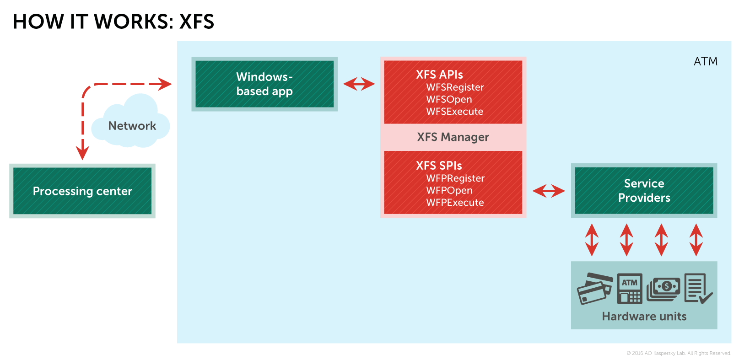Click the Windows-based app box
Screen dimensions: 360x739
point(264,84)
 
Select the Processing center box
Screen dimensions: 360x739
point(82,191)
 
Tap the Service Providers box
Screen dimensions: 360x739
point(644,190)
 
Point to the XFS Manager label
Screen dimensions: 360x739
point(453,137)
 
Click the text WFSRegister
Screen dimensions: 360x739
point(455,87)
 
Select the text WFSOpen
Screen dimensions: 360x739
point(449,99)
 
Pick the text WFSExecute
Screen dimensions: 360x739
point(454,112)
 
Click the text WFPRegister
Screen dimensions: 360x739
point(455,178)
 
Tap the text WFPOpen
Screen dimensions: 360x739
point(449,190)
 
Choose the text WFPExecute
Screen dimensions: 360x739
point(455,203)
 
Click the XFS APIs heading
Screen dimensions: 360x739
point(439,75)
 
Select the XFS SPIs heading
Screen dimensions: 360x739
point(439,166)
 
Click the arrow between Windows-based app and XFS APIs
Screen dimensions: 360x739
point(359,84)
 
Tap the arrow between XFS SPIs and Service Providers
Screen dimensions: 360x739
point(549,191)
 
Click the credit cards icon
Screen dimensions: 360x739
point(594,288)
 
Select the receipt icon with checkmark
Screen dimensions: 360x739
point(698,288)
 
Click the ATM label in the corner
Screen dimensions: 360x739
point(705,61)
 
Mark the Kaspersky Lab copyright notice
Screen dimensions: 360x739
point(679,353)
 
